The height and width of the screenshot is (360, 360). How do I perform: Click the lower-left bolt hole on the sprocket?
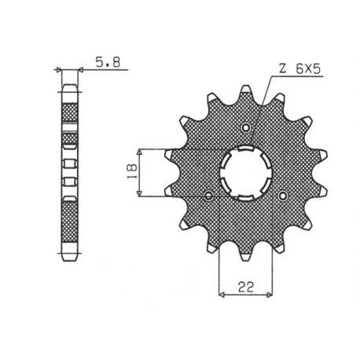click(x=208, y=195)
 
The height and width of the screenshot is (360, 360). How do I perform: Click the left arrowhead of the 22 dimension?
click(x=220, y=293)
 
